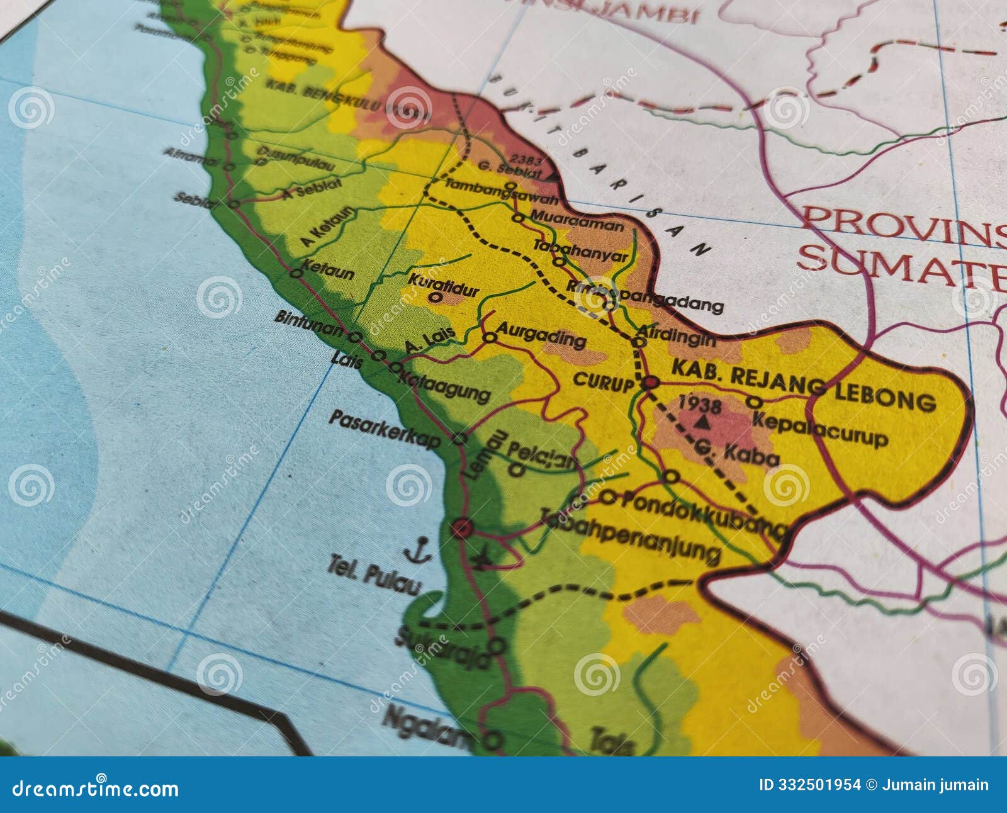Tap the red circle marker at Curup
(650, 382)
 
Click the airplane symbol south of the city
(483, 556)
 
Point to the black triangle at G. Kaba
(703, 423)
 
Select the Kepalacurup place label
(819, 429)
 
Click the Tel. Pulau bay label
(374, 575)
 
